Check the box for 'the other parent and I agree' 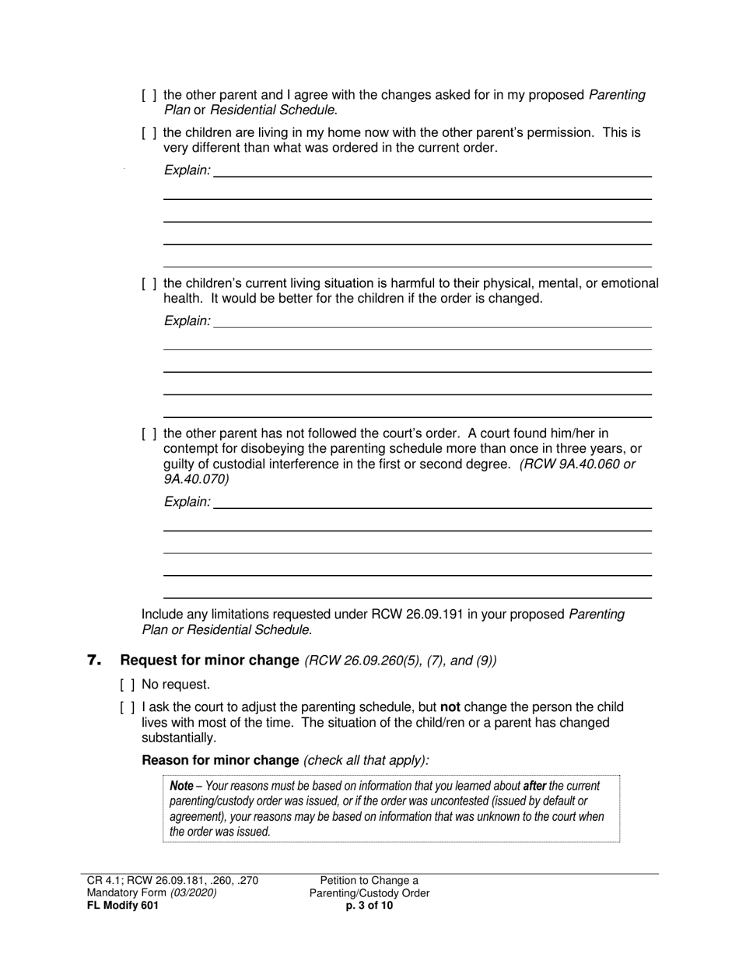149,95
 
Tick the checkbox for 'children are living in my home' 149,133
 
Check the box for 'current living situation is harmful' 149,284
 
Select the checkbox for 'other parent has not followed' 149,433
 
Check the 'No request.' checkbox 128,685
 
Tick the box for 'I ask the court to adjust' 128,707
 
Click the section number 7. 95,661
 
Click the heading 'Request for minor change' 209,661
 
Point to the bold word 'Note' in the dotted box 181,787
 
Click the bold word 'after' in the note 534,787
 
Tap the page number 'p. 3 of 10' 369,906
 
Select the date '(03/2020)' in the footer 194,893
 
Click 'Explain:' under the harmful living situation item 187,321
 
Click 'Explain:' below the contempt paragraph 187,503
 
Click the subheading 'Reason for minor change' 220,760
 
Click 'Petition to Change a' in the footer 369,881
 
